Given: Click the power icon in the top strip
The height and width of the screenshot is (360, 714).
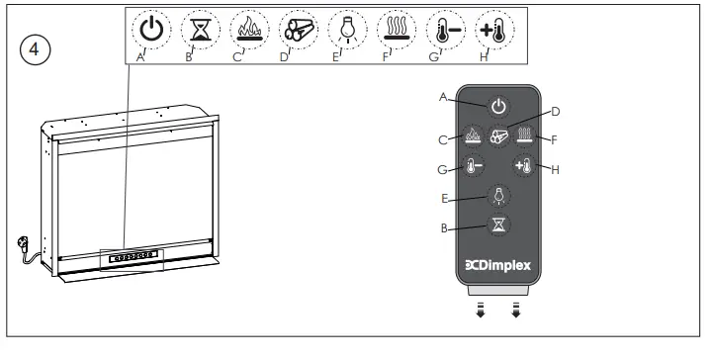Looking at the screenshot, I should (x=150, y=31).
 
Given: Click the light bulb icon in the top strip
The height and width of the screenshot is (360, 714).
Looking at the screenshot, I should (x=345, y=31).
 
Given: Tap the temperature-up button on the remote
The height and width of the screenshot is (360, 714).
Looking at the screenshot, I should (x=523, y=166).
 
